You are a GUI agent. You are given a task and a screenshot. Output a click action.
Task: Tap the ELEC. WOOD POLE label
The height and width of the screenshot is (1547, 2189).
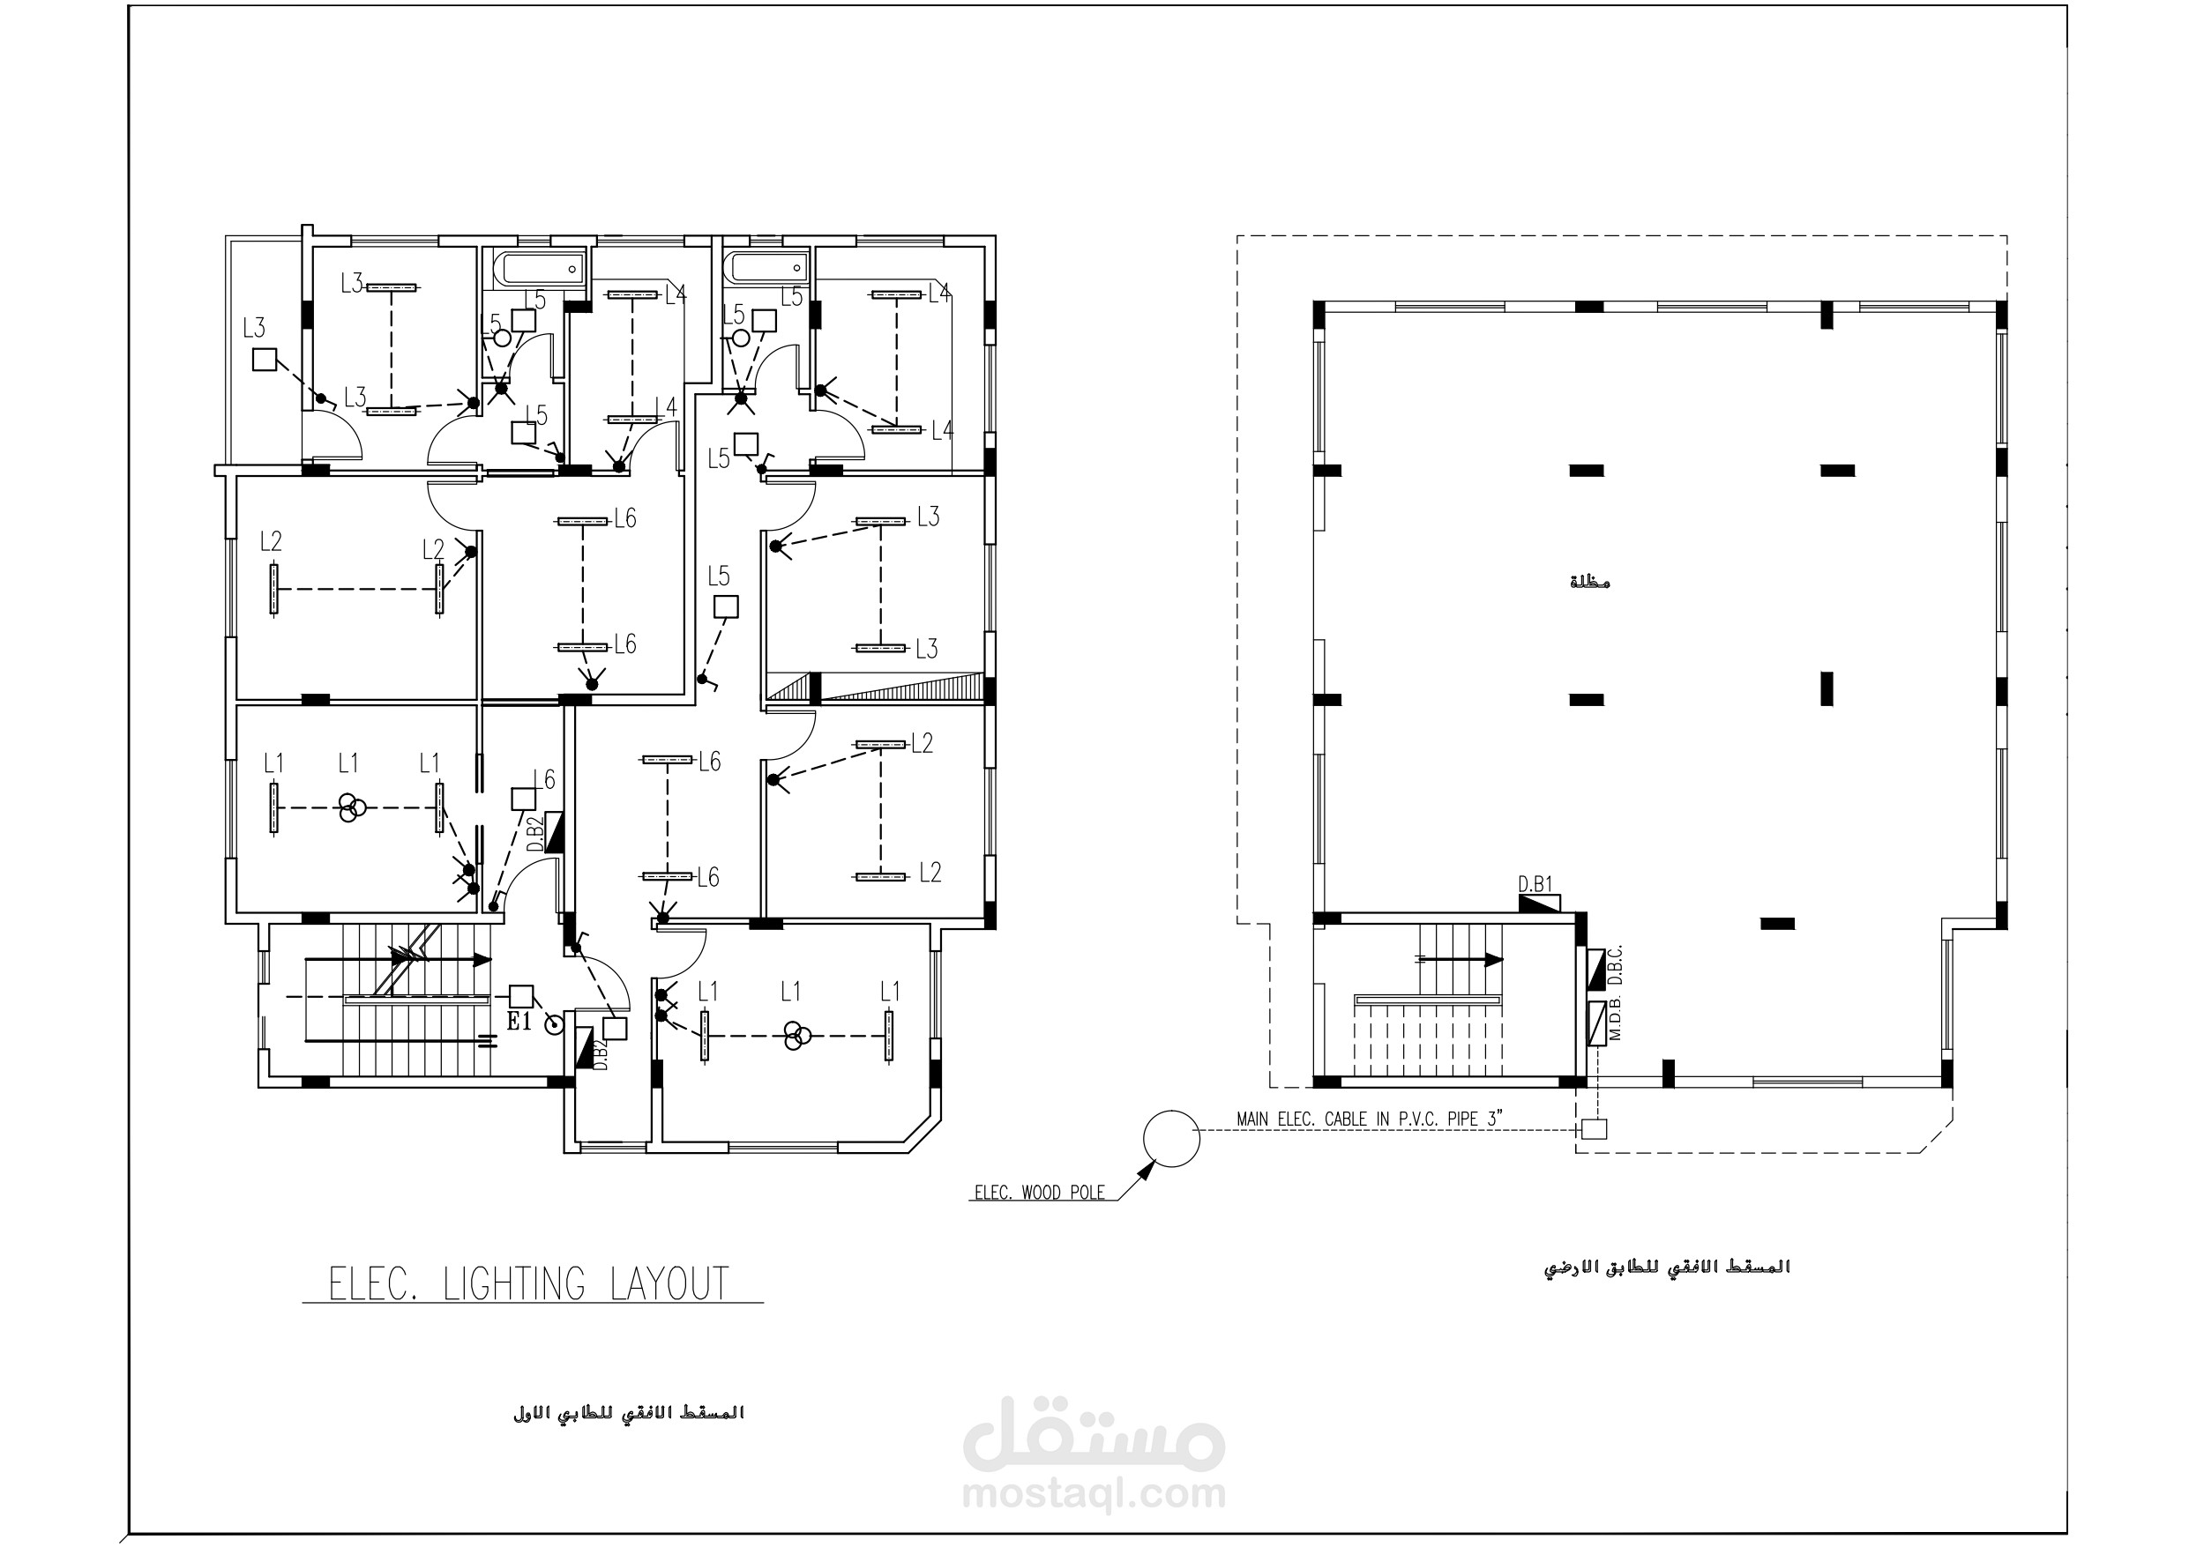coord(1039,1193)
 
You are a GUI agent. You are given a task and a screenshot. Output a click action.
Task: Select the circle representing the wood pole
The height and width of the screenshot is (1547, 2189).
coord(1170,1138)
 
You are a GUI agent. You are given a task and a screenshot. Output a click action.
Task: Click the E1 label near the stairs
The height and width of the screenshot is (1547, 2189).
coord(519,1023)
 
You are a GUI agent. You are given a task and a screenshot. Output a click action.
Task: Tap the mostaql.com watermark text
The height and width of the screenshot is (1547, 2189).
coord(1094,1493)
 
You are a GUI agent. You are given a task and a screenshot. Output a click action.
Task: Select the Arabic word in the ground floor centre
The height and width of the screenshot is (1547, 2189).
coord(1589,582)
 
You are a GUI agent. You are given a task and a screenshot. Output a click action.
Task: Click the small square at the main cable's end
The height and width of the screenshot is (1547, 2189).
coord(1593,1128)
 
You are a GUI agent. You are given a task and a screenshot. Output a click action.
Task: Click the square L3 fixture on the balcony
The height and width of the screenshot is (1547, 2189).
coord(264,360)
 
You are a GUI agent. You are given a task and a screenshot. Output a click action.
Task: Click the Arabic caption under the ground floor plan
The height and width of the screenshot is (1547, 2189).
coord(1667,1267)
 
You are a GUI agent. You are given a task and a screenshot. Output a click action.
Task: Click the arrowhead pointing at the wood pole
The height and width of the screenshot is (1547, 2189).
coord(1146,1171)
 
